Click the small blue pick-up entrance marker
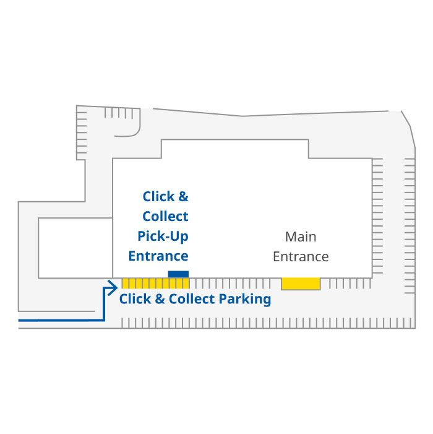[178, 274]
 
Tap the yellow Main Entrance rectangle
[301, 284]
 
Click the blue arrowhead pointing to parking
[113, 287]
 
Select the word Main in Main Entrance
[301, 237]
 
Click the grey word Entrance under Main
[301, 256]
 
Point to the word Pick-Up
[163, 236]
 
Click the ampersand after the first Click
[183, 197]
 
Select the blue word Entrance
[158, 256]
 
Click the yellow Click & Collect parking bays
[155, 284]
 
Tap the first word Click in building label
[158, 197]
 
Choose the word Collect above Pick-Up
[165, 217]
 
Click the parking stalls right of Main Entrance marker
[349, 284]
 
